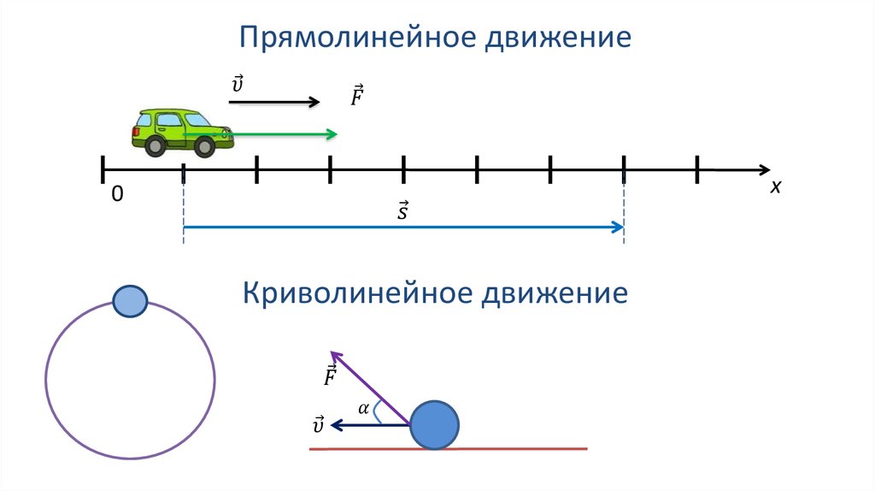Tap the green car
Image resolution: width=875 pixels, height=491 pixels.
click(x=183, y=133)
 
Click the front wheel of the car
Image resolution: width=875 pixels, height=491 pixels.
click(x=204, y=147)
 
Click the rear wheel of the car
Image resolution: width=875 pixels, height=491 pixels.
click(x=155, y=145)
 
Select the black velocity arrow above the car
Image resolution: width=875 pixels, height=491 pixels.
click(x=274, y=102)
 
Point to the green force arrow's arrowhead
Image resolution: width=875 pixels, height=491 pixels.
click(x=332, y=134)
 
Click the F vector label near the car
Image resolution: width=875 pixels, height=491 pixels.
click(x=357, y=95)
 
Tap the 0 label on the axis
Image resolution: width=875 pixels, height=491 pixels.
click(x=117, y=194)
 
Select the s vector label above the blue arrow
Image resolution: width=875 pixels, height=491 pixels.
click(x=403, y=210)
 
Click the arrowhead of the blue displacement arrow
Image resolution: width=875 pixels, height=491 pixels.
click(x=618, y=227)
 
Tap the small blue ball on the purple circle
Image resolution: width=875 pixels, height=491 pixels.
click(x=130, y=301)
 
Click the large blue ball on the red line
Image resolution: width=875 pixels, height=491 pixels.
click(x=434, y=425)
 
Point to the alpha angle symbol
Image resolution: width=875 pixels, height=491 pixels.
click(x=364, y=409)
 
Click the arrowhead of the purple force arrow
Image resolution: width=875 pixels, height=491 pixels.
click(x=335, y=356)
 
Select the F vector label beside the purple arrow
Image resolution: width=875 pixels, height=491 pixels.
click(x=331, y=376)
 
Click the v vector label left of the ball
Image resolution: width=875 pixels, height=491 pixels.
click(x=319, y=425)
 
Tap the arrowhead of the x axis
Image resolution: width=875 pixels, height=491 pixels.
click(x=764, y=170)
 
